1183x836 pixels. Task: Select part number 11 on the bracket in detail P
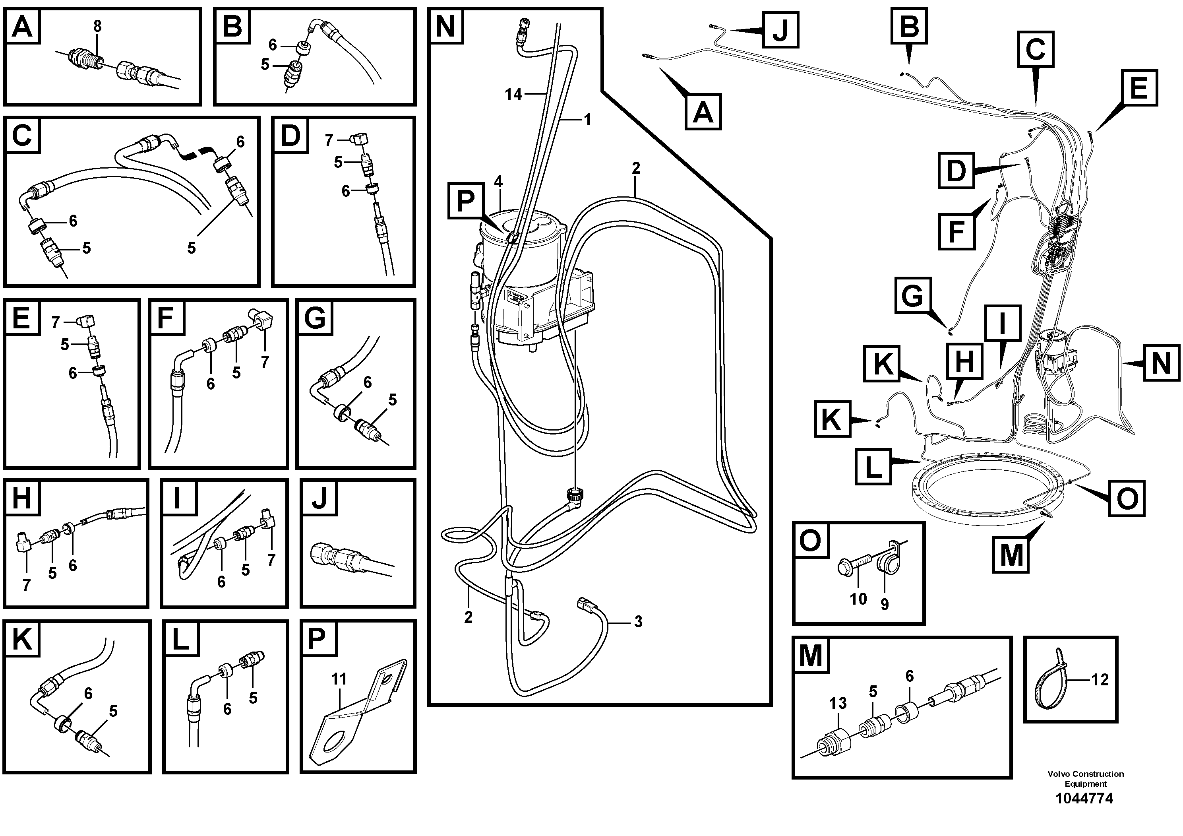[x=339, y=679]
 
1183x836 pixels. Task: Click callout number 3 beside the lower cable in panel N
[x=638, y=622]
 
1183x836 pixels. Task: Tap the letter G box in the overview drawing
[x=912, y=295]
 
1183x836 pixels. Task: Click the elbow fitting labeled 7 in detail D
[x=357, y=139]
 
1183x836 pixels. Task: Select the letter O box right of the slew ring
[x=1127, y=498]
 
